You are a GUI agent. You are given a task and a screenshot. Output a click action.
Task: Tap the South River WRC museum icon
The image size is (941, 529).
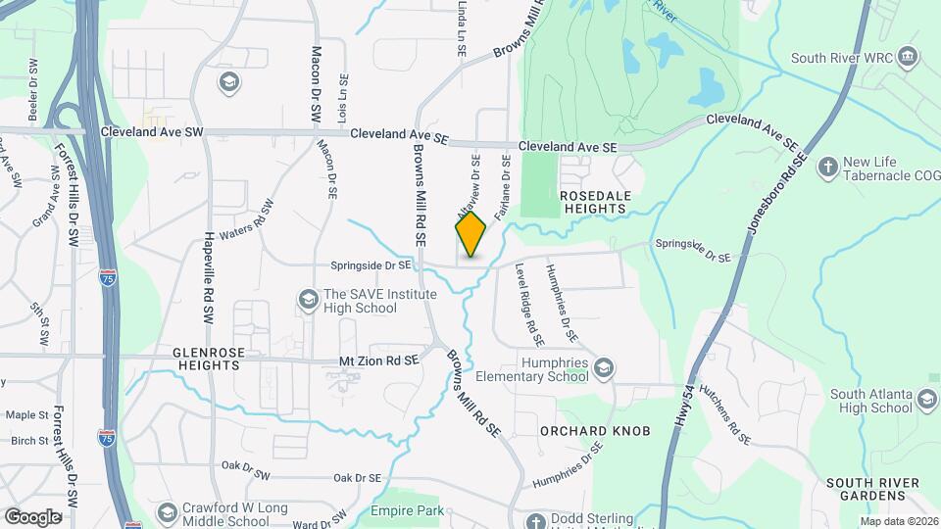point(908,56)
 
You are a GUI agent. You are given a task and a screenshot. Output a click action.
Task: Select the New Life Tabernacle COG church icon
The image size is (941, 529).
point(826,166)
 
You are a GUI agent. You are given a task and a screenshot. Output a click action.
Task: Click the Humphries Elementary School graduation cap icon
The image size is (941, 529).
point(604,368)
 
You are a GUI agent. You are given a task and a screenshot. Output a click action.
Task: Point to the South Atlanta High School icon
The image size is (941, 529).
point(926,400)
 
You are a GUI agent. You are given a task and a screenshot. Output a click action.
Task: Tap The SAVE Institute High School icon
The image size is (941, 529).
point(308,299)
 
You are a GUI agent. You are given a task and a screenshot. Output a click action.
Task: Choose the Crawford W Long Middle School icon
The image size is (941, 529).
point(167,512)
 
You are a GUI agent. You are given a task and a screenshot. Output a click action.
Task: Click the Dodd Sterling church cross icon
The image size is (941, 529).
point(535,520)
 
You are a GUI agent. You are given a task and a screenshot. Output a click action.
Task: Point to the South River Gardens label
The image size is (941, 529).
point(872,490)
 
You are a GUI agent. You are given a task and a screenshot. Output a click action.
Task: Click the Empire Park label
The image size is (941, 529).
point(407,510)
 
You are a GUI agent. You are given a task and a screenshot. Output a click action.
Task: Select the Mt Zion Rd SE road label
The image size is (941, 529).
point(378,361)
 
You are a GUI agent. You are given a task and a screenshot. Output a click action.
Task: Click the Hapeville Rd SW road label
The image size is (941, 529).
point(209,278)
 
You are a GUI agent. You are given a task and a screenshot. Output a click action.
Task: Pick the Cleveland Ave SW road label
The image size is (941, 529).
point(152,131)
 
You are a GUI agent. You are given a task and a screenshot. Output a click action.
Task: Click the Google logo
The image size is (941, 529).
point(32,516)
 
